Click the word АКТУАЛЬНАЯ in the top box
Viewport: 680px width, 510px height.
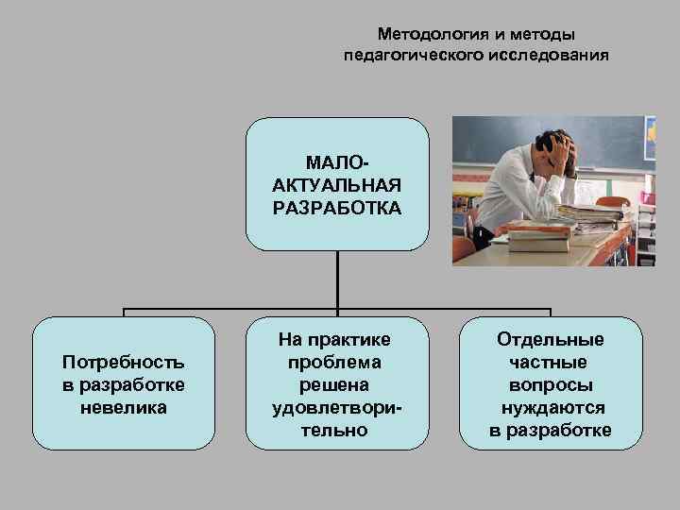(337, 186)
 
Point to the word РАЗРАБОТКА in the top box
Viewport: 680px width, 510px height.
(337, 207)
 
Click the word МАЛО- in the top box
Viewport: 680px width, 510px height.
(337, 165)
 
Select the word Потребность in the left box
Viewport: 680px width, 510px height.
(123, 363)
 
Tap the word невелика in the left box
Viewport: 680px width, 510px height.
(123, 408)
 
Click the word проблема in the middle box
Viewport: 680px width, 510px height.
(336, 363)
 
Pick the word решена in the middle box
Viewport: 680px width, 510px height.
(336, 385)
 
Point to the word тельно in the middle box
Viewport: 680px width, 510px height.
(336, 431)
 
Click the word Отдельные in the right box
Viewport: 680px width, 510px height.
(551, 340)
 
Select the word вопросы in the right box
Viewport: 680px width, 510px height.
(551, 385)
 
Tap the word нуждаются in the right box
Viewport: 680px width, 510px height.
(551, 408)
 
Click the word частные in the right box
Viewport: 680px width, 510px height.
(551, 363)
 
